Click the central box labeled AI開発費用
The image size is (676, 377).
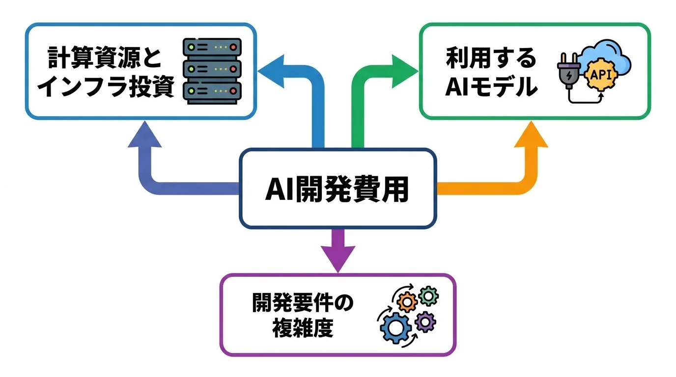point(337,189)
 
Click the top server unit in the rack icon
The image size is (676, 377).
point(212,48)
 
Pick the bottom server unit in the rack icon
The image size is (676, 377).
point(212,91)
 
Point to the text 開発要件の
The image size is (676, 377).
point(303,303)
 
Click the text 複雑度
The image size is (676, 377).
point(303,327)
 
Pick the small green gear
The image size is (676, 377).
point(428,296)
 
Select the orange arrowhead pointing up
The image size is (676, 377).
point(531,136)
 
